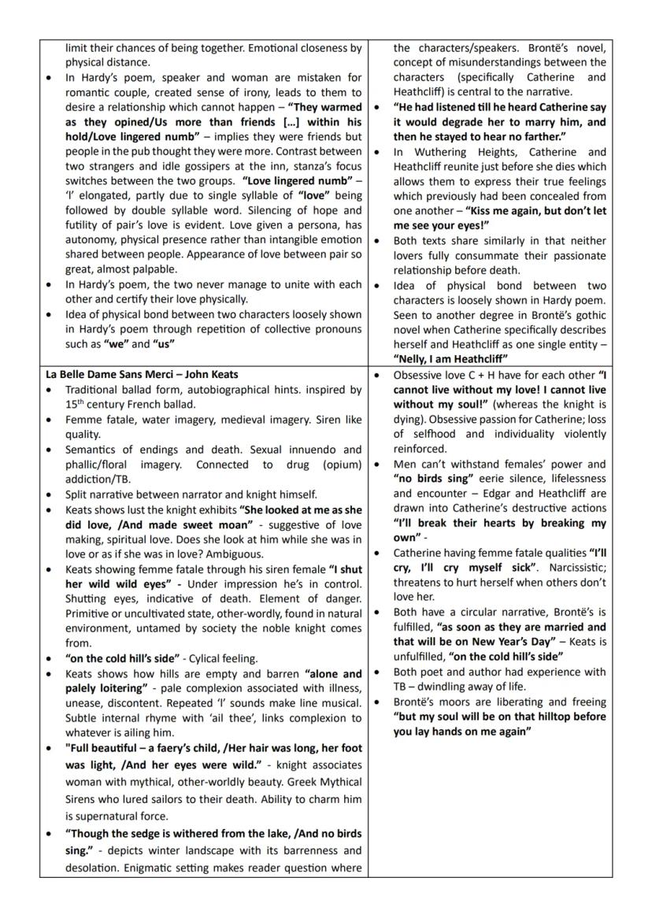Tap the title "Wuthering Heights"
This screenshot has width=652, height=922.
pyautogui.click(x=457, y=152)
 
